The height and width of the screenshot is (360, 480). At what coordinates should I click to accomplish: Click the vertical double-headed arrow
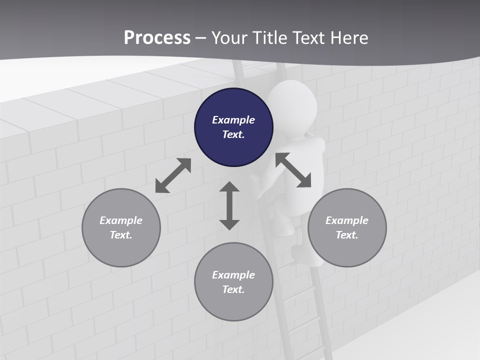pos(229,205)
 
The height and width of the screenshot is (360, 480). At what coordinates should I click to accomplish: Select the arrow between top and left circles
pos(173,175)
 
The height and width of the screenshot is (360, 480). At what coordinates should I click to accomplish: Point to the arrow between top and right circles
pos(293,170)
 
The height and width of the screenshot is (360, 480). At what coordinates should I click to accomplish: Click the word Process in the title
pos(157,37)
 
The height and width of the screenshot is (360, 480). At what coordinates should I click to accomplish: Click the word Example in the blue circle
pos(233,120)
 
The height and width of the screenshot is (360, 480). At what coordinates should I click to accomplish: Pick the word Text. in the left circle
pos(121,235)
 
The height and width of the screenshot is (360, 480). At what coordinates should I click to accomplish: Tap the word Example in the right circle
pos(347,220)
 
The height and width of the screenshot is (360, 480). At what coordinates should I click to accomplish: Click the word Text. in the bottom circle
pos(233,289)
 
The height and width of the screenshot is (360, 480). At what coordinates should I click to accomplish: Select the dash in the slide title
pos(200,38)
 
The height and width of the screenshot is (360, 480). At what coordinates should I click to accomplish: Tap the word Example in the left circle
pos(121,220)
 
